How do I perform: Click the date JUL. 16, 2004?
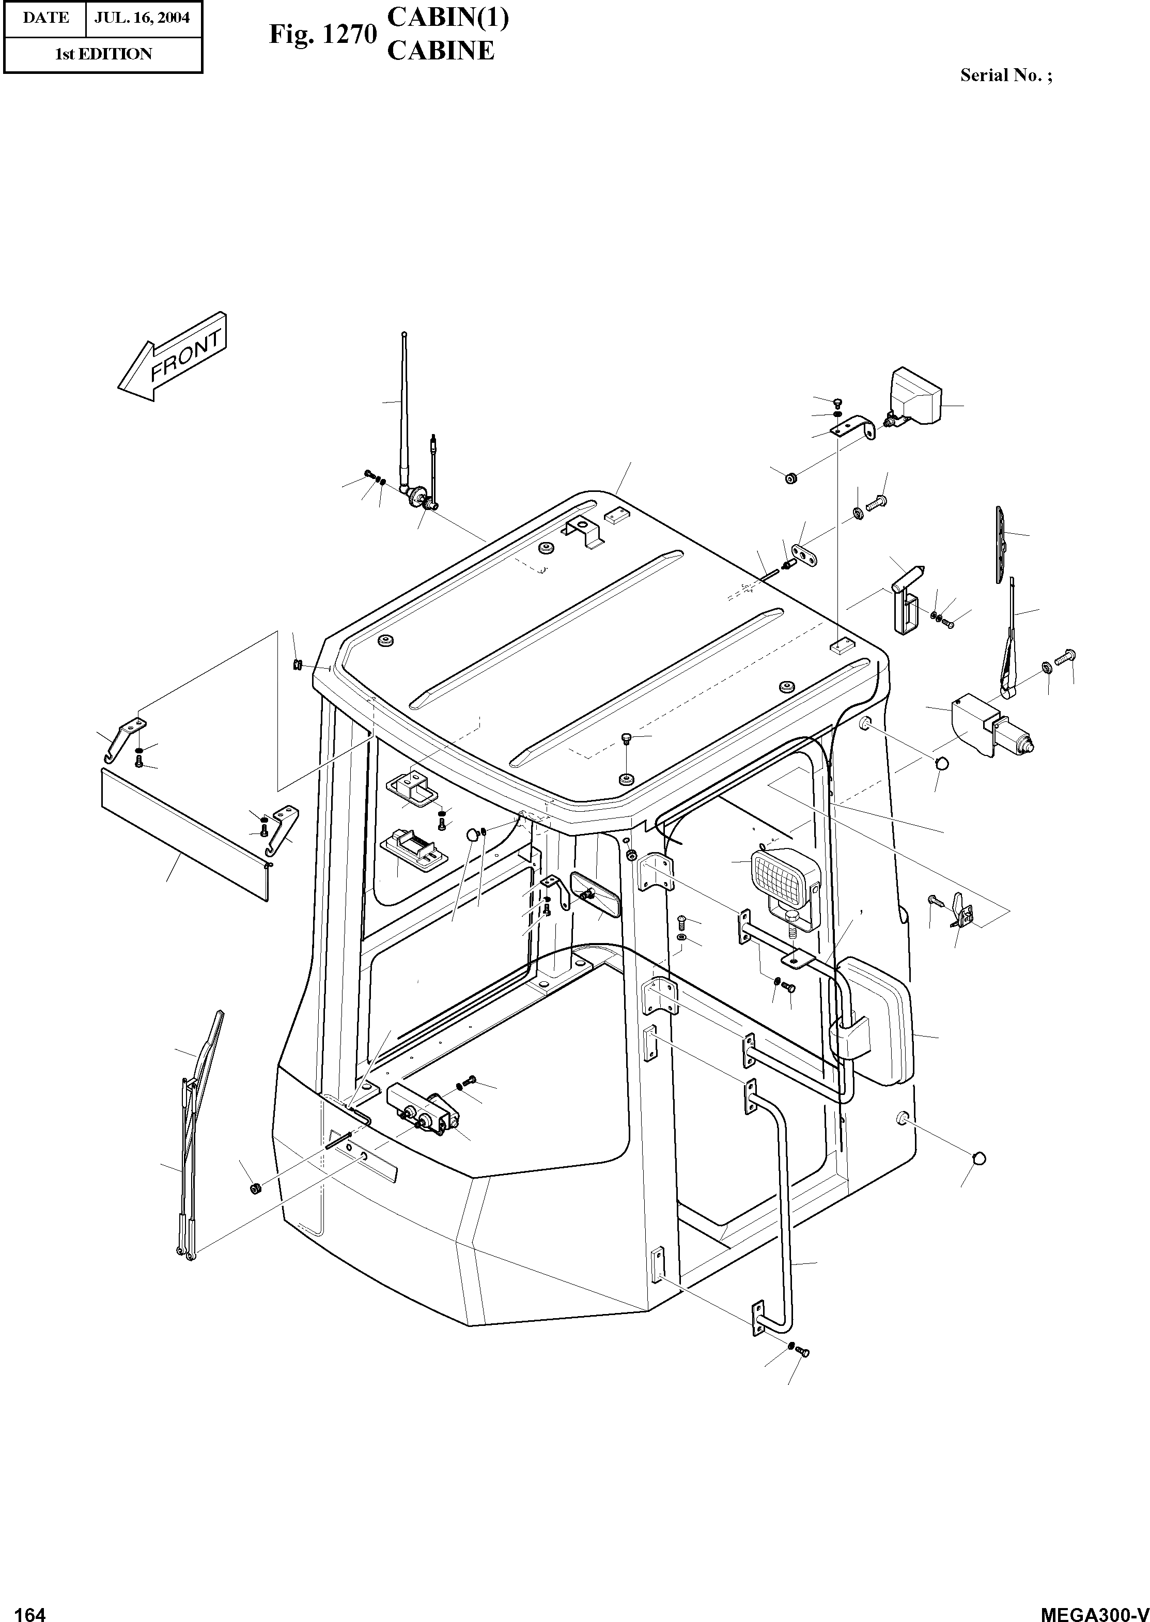(x=143, y=18)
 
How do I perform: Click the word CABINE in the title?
(x=441, y=51)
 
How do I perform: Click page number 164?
(x=30, y=1609)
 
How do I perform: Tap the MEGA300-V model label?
(x=1093, y=1609)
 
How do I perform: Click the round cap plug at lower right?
(x=980, y=1158)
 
